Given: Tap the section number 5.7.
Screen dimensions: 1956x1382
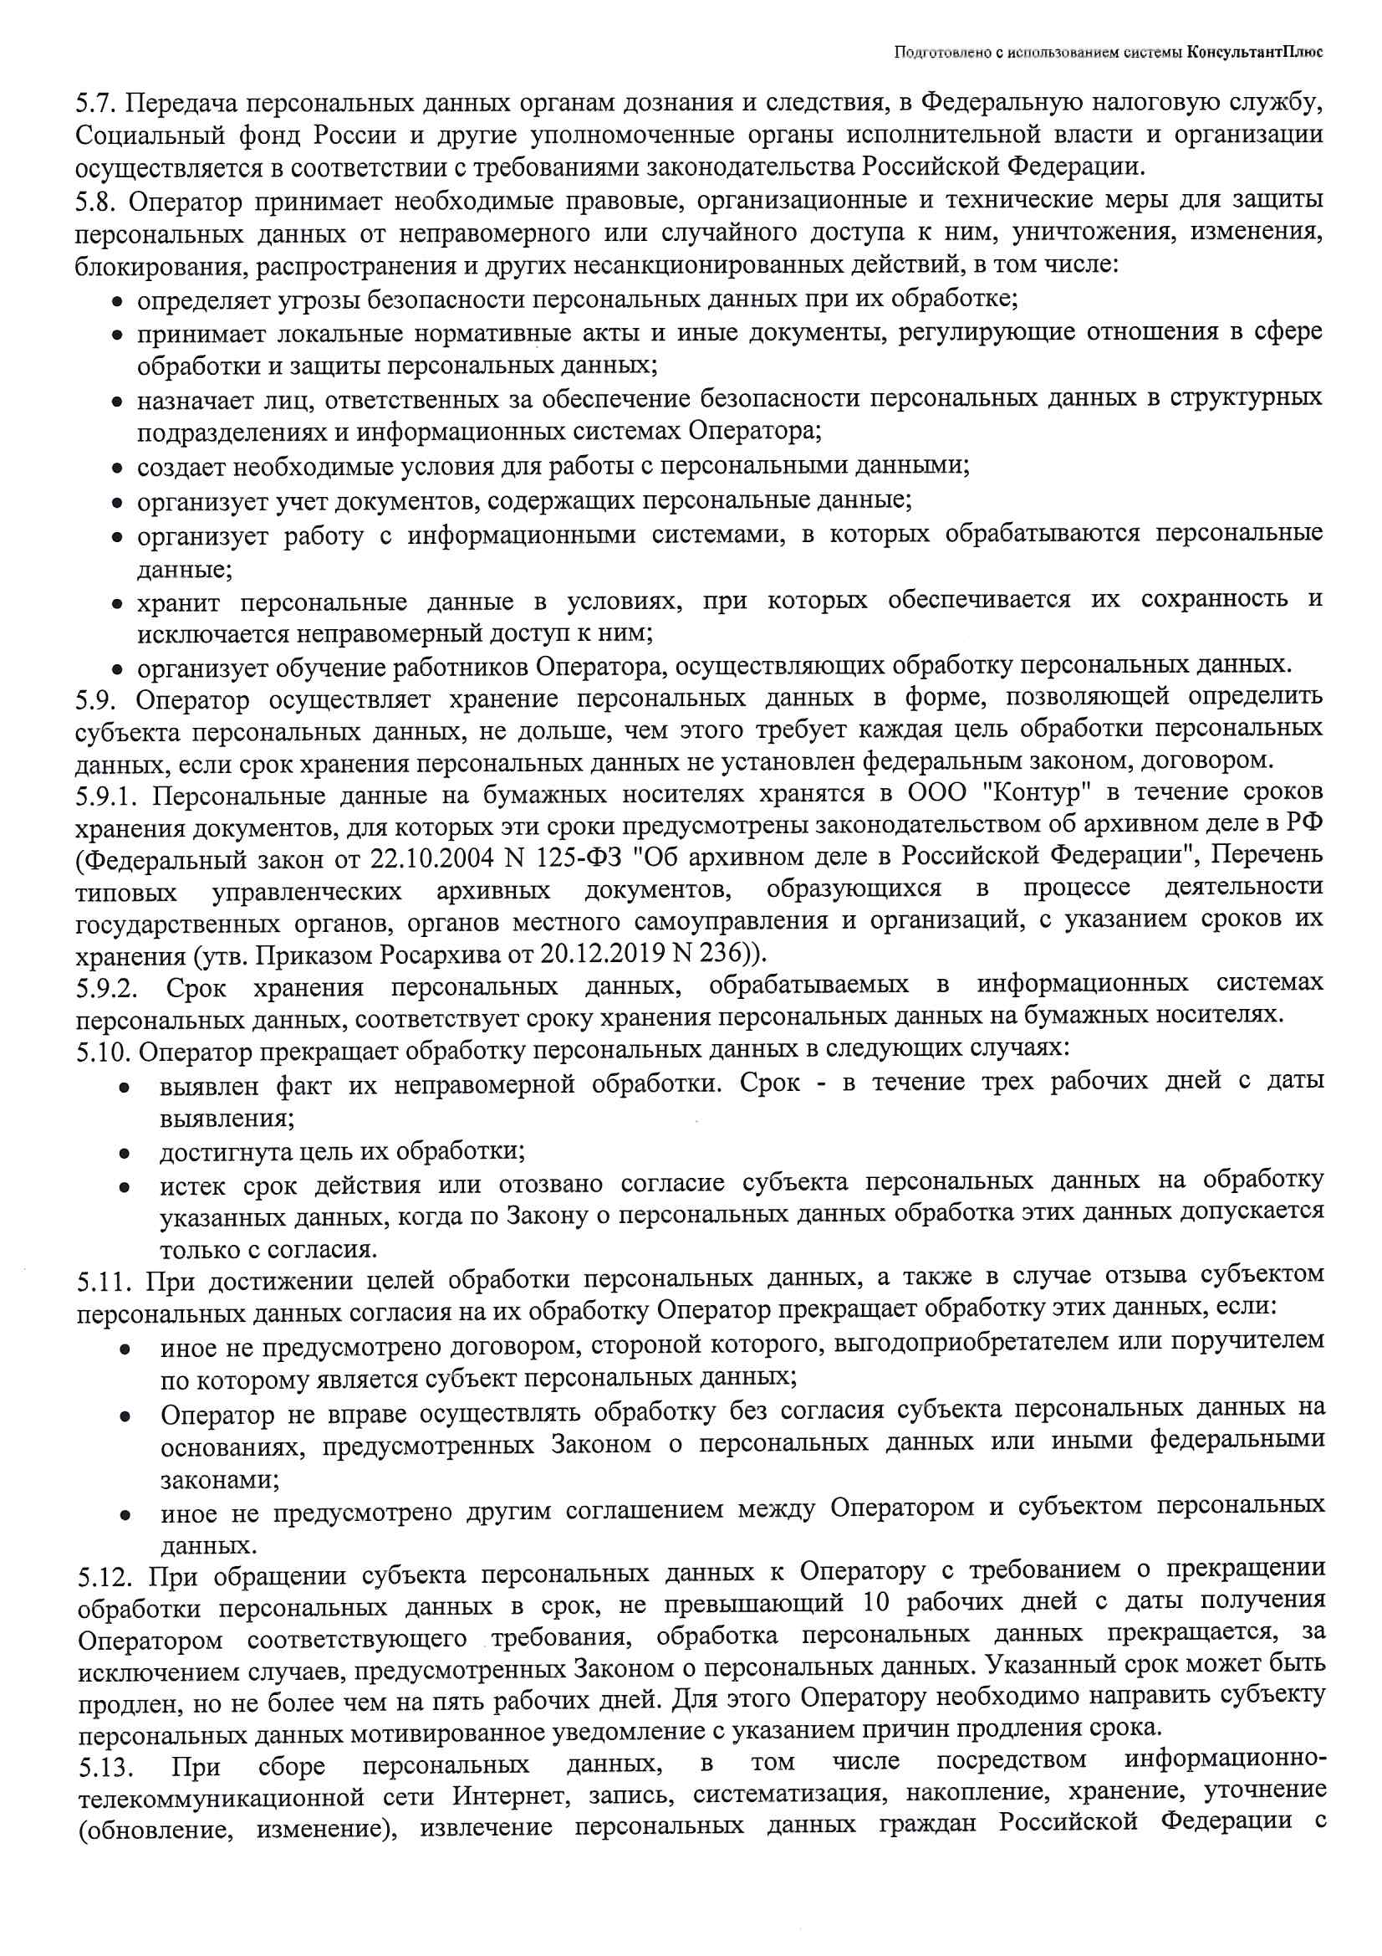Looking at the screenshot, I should click(x=94, y=103).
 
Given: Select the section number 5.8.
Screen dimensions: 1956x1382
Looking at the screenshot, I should click(x=94, y=202).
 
